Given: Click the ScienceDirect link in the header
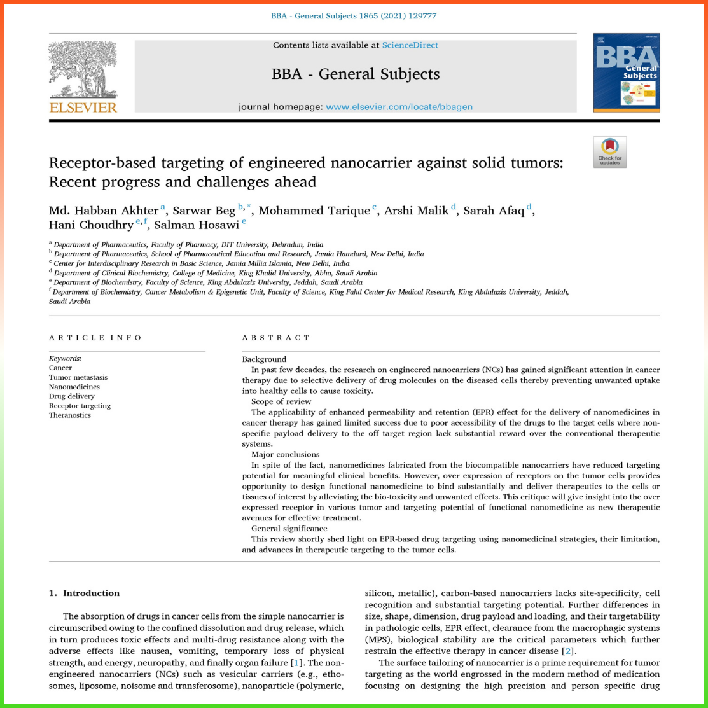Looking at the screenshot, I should pyautogui.click(x=410, y=45).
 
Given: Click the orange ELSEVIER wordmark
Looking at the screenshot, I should pyautogui.click(x=83, y=108).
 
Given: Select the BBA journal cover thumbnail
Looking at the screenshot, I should pyautogui.click(x=626, y=73).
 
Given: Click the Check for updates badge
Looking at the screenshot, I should pyautogui.click(x=609, y=152).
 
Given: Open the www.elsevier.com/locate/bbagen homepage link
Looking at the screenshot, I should pyautogui.click(x=399, y=107).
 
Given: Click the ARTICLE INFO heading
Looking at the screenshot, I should pyautogui.click(x=95, y=338).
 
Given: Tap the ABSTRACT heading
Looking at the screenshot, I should pyautogui.click(x=276, y=338).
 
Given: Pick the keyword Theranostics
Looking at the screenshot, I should pyautogui.click(x=70, y=415).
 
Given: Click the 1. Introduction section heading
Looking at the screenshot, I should pyautogui.click(x=85, y=593).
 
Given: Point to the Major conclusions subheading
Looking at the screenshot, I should pyautogui.click(x=285, y=454).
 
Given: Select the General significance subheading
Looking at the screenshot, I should pyautogui.click(x=289, y=529).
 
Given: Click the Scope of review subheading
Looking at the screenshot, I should pyautogui.click(x=281, y=401).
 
